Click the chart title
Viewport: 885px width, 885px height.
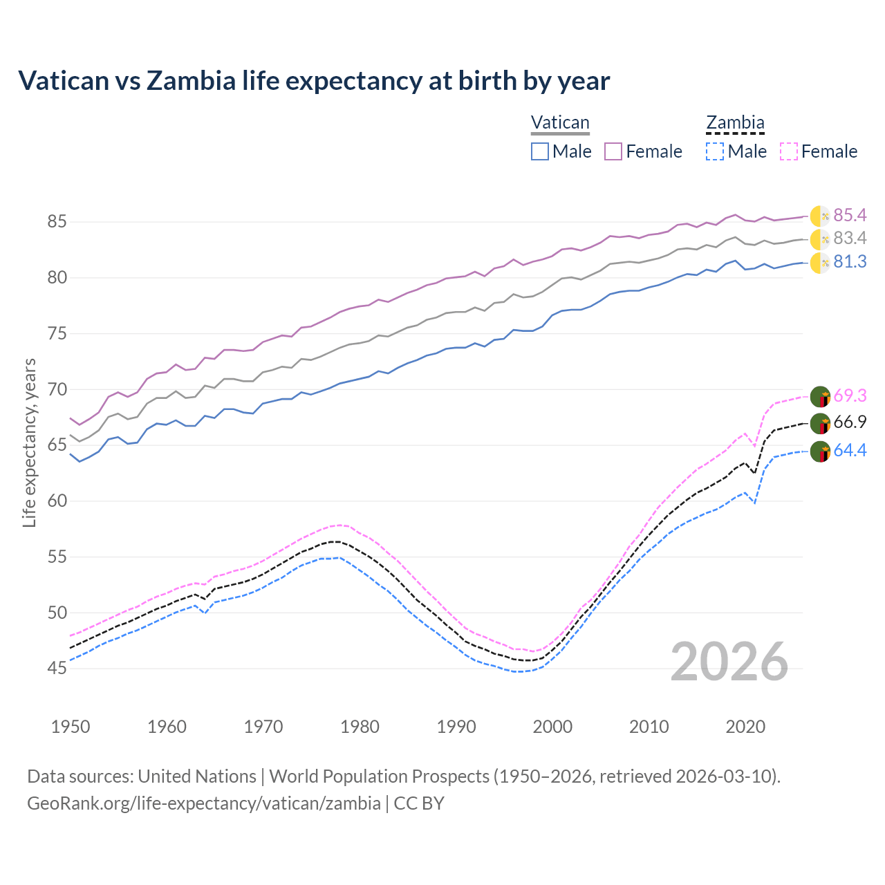click(314, 81)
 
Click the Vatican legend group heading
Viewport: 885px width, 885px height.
click(560, 122)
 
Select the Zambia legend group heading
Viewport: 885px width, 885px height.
click(735, 122)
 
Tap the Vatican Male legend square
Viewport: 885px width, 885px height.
click(540, 151)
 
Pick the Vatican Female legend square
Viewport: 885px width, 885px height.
click(613, 151)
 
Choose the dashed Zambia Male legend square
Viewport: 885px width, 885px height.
click(715, 151)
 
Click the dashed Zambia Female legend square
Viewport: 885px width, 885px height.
click(789, 151)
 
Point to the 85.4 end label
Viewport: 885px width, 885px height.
click(850, 215)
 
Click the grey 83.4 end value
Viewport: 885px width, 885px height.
click(850, 239)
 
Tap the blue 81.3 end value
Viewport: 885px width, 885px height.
click(850, 262)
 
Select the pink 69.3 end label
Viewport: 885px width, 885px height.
click(850, 395)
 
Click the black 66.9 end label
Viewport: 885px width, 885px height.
click(850, 422)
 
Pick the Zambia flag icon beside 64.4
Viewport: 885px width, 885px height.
click(820, 451)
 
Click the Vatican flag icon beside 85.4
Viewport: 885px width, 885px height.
click(820, 216)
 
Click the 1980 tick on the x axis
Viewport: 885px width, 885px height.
click(360, 727)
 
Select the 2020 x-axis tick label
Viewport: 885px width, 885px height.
click(745, 727)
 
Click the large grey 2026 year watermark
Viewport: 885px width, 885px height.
click(729, 662)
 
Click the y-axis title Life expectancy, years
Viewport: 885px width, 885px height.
click(29, 442)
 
